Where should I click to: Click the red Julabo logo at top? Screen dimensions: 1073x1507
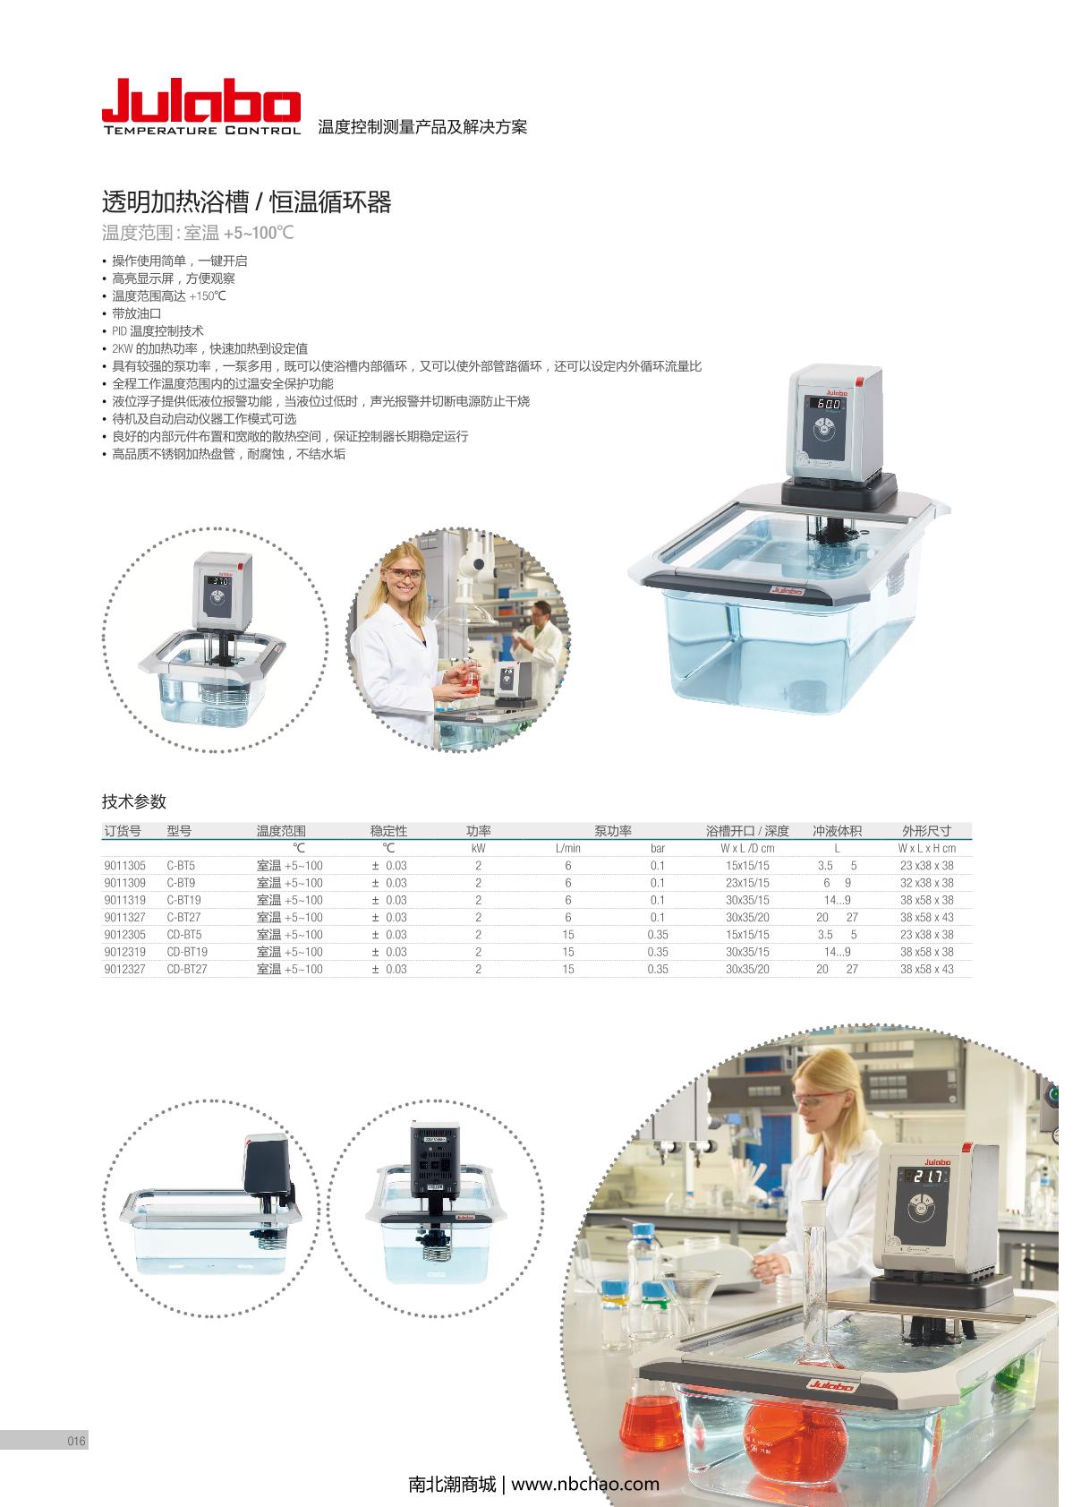pos(201,107)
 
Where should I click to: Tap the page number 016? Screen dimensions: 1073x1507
pos(77,1441)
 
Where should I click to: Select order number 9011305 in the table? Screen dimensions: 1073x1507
pos(125,866)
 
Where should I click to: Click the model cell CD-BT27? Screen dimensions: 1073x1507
pos(187,970)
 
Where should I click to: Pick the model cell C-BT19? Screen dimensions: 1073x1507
pos(183,900)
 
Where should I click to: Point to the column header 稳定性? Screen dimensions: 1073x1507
pos(388,831)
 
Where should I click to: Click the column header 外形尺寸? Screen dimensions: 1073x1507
pos(926,831)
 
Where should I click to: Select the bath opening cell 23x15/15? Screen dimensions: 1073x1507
pos(747,883)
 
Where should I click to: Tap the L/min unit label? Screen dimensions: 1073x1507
pos(568,848)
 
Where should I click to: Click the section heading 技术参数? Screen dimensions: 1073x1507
pos(133,801)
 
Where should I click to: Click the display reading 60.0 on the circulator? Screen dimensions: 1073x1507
pos(829,404)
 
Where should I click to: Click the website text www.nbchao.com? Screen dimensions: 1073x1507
pos(585,1484)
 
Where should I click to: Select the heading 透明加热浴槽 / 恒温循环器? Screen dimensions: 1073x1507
pos(247,201)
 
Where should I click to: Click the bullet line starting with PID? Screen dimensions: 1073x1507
pos(158,331)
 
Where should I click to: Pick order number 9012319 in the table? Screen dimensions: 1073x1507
pos(125,952)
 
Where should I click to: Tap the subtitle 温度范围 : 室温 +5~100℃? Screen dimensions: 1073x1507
pos(198,233)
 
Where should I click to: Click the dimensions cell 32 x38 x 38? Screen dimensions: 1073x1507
pos(927,883)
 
